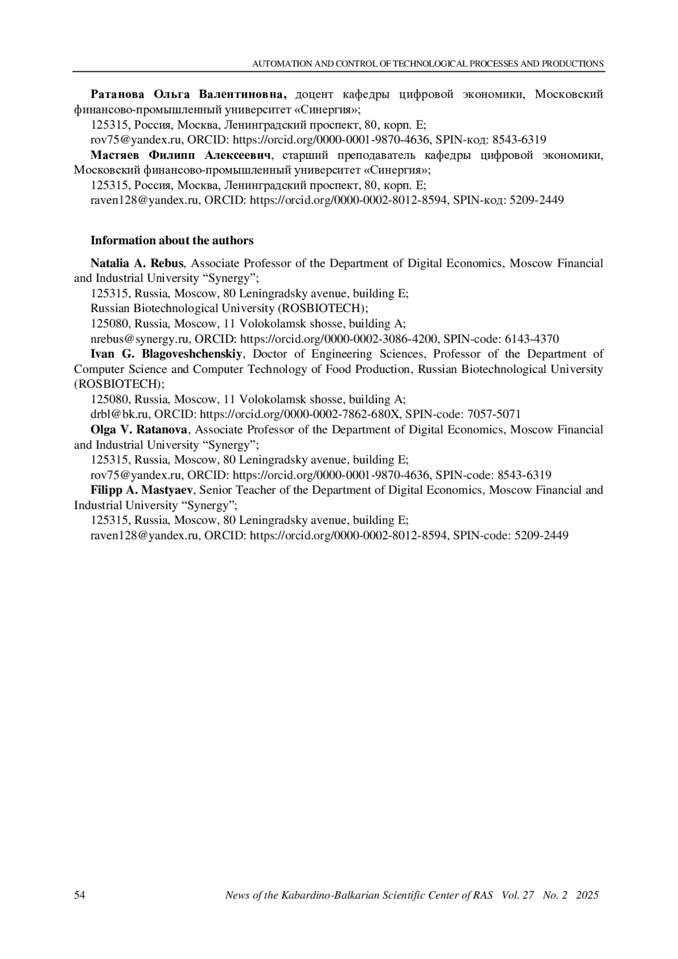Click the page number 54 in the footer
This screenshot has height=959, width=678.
click(80, 895)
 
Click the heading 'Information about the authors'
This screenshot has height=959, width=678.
click(172, 240)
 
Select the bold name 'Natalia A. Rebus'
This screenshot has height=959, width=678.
click(137, 263)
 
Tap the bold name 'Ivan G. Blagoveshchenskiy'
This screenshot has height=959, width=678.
click(167, 354)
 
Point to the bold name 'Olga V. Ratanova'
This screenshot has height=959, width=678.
click(139, 429)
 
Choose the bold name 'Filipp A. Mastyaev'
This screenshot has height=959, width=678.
click(142, 490)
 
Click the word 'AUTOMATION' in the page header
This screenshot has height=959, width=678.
click(281, 64)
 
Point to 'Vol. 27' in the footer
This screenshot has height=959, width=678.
click(518, 895)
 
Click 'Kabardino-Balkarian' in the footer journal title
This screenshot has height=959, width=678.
click(323, 895)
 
